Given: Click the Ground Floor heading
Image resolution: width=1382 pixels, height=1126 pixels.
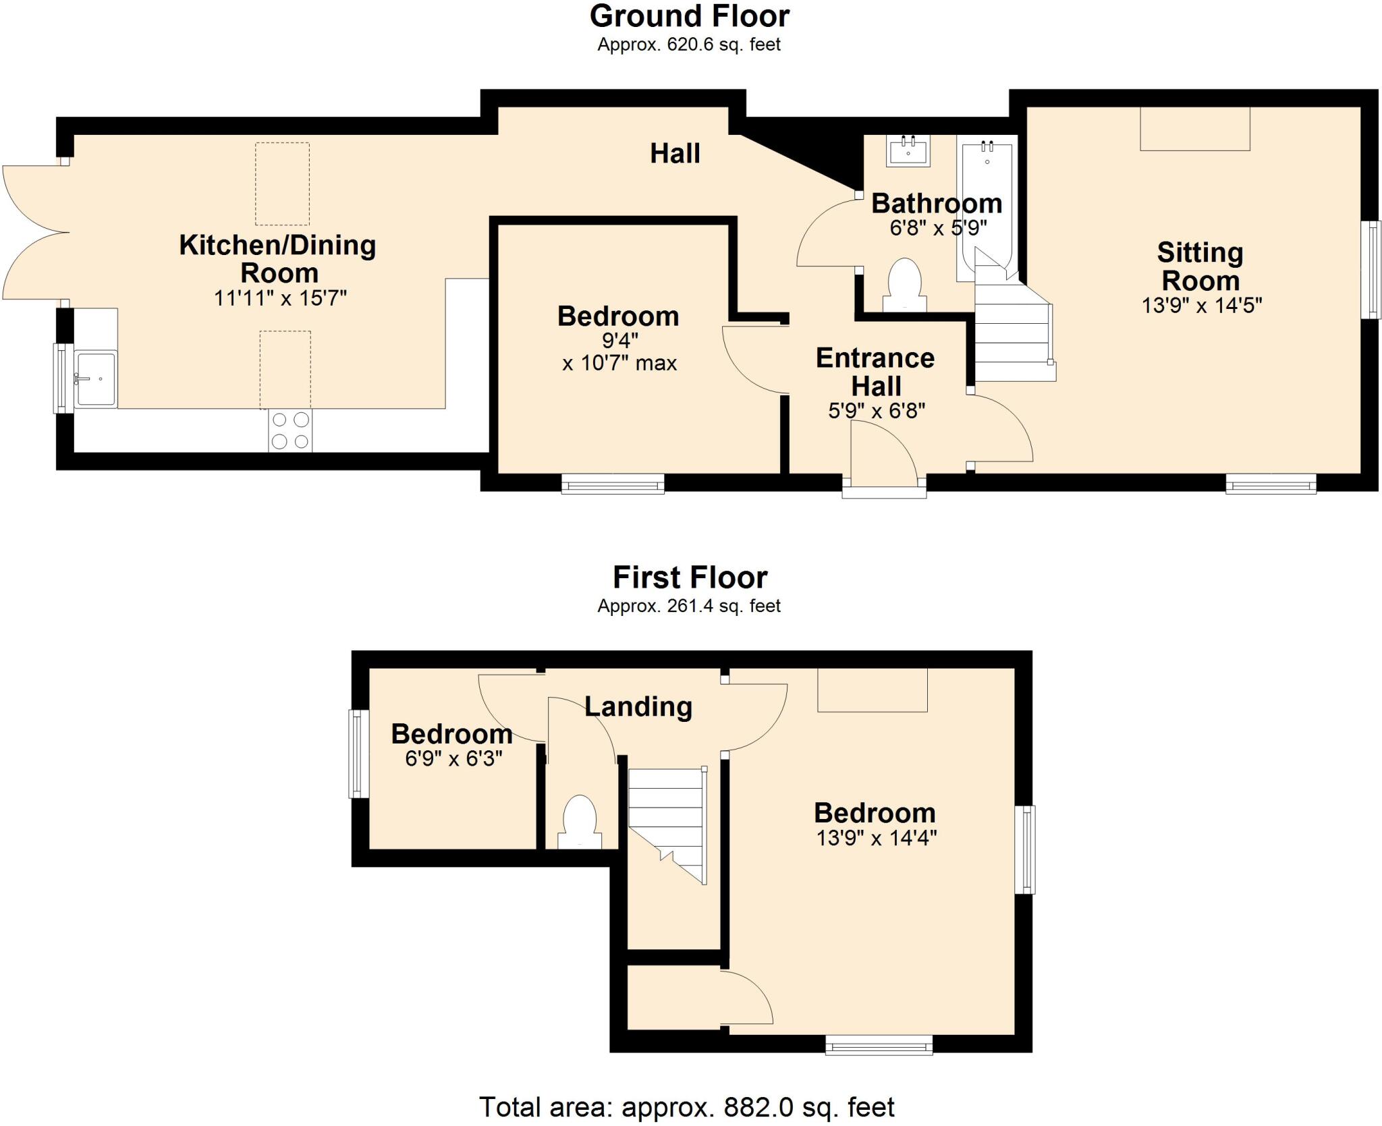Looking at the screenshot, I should click(689, 16).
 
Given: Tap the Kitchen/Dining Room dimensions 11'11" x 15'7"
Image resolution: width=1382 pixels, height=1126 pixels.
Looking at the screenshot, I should click(280, 298).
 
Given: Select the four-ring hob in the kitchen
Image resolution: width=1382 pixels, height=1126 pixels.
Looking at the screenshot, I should click(290, 430).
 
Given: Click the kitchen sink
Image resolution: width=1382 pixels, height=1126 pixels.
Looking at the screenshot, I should click(96, 378).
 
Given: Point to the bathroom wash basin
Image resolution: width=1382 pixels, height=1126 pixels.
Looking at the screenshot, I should click(908, 150).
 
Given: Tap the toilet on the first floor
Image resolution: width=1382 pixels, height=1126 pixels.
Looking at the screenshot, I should click(580, 822).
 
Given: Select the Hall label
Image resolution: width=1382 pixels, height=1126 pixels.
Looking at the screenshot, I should click(675, 154).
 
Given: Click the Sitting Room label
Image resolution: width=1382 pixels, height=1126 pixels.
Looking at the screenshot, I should click(1200, 266).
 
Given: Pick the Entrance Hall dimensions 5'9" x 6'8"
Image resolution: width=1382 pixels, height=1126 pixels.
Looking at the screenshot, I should click(876, 410).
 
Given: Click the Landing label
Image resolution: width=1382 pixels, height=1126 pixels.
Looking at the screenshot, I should click(638, 706).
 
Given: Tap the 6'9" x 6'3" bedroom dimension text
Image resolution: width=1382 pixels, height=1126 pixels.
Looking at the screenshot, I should click(453, 759).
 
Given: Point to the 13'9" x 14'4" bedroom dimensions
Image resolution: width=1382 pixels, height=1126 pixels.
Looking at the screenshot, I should click(876, 838).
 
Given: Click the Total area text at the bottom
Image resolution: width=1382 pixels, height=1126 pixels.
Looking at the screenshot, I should click(686, 1107).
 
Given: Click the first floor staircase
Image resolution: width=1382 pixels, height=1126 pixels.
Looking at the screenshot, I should click(667, 823).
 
